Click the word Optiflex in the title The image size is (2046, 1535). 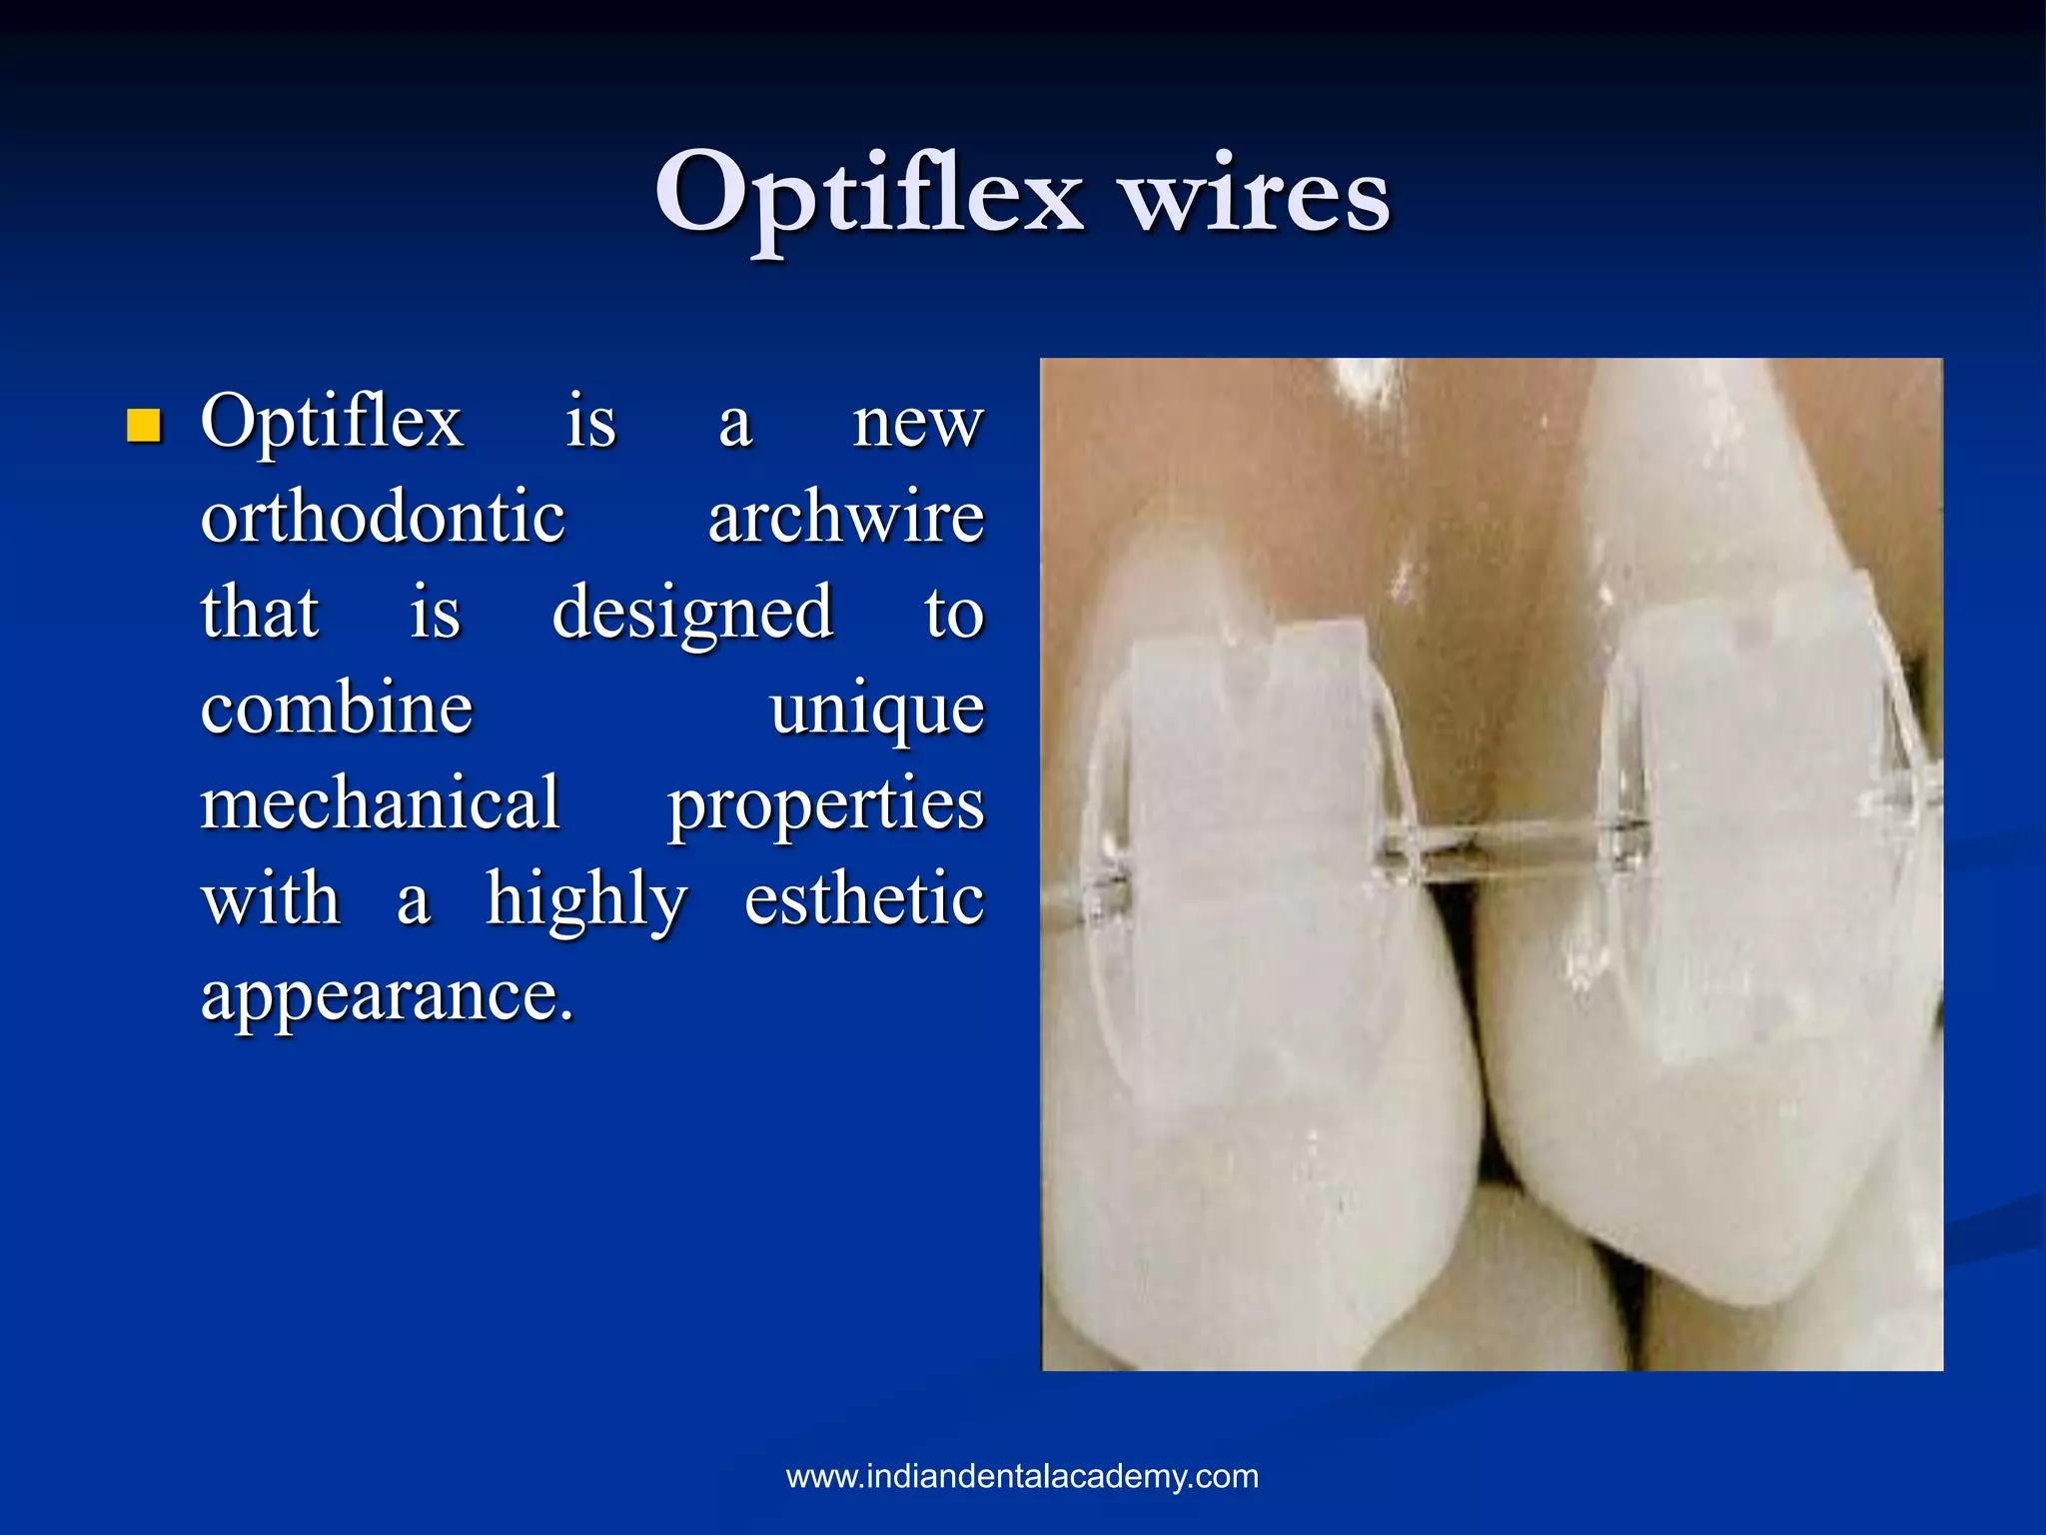click(x=867, y=193)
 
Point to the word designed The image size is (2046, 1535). click(x=691, y=612)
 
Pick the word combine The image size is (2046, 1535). click(x=336, y=708)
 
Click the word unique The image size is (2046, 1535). click(x=876, y=710)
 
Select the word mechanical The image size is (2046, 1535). click(x=380, y=802)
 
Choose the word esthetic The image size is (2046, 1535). click(x=864, y=898)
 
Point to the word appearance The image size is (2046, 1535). click(x=387, y=995)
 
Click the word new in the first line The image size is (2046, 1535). click(x=917, y=424)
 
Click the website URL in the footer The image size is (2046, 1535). click(x=1022, y=1476)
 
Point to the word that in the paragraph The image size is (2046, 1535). click(x=259, y=612)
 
